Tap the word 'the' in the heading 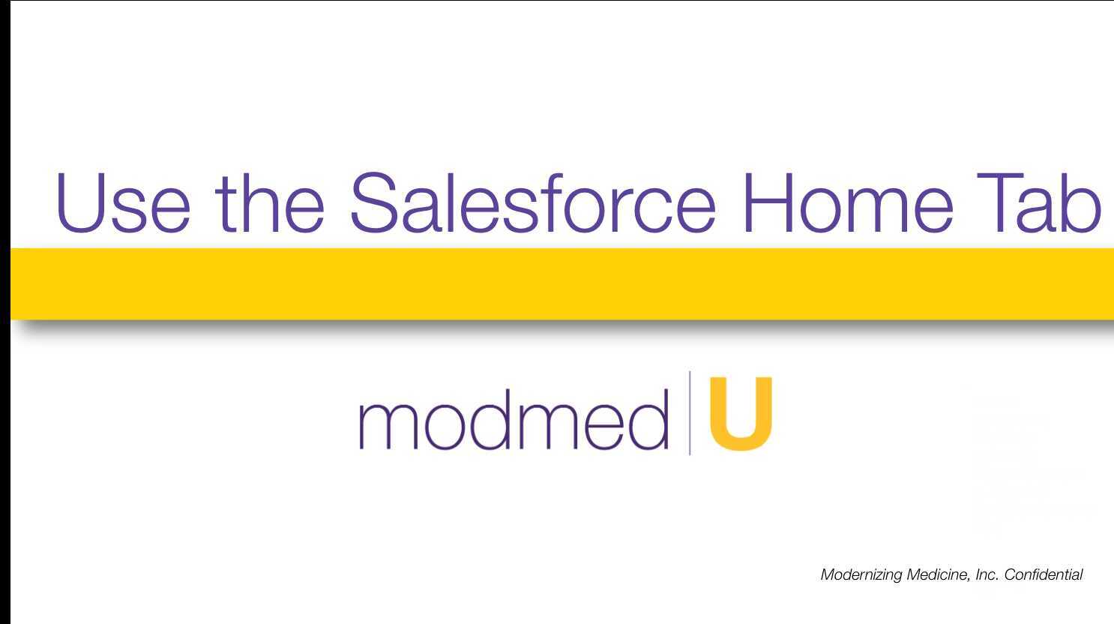[x=270, y=202]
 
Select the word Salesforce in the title [x=533, y=202]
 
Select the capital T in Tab [x=1008, y=202]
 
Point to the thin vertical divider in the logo [x=690, y=413]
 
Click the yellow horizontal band [x=562, y=283]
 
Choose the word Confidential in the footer [x=1044, y=575]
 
